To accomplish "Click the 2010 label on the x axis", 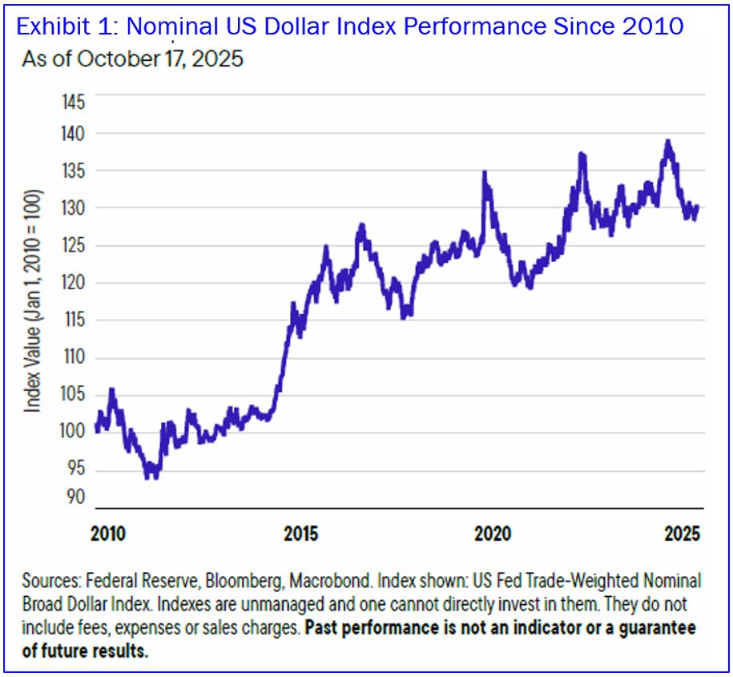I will pos(109,533).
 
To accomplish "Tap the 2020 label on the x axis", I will pos(490,533).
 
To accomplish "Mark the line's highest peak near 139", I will pos(667,143).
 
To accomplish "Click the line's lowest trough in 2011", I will pos(151,477).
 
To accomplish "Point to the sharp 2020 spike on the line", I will pos(485,173).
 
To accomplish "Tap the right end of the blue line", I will pos(698,207).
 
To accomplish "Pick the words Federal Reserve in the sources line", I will pos(133,581).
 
